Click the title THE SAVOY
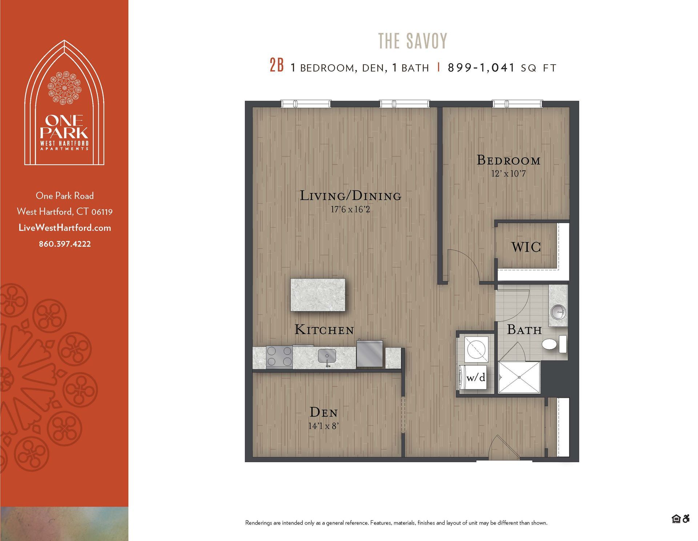(x=413, y=41)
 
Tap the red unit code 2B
(x=276, y=66)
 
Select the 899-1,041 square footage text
(x=481, y=68)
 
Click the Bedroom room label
(x=508, y=160)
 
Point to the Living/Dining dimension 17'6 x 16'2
(x=350, y=210)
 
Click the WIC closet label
(x=526, y=247)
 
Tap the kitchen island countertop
(x=318, y=295)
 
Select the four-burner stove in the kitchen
(x=279, y=356)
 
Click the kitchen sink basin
(x=327, y=356)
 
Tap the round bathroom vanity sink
(x=558, y=311)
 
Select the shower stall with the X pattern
(x=519, y=377)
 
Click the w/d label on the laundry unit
(x=476, y=378)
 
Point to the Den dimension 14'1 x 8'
(x=324, y=426)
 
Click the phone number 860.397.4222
(x=65, y=244)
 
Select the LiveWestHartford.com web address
(x=65, y=228)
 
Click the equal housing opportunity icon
(x=676, y=519)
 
